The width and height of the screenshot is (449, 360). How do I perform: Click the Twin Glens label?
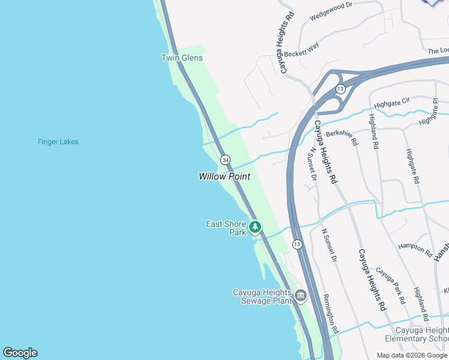[182, 58]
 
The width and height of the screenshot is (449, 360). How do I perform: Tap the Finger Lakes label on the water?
[58, 142]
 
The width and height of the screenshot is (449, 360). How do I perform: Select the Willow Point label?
[224, 176]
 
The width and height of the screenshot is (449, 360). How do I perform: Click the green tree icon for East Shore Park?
[256, 227]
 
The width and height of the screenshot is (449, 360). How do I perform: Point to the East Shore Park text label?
[226, 228]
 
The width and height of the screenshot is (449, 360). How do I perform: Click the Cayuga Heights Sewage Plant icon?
[300, 295]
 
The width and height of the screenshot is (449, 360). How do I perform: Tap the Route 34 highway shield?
[225, 160]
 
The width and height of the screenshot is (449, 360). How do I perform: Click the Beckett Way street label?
[302, 49]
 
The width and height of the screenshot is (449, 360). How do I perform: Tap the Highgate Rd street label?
[412, 174]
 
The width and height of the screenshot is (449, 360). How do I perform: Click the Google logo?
[20, 353]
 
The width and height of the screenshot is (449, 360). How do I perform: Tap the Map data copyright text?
[411, 355]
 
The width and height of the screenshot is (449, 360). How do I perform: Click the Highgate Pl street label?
[435, 112]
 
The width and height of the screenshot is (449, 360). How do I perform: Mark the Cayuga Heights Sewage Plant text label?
[262, 296]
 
